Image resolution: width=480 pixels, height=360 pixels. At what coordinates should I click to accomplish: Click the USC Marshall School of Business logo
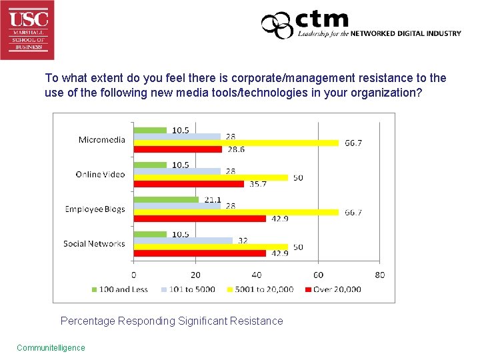(27, 29)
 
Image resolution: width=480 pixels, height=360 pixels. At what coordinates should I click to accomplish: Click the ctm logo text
(322, 19)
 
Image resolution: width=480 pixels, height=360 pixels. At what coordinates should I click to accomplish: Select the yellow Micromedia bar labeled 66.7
(236, 143)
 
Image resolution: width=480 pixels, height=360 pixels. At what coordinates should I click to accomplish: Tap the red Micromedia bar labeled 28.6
(177, 149)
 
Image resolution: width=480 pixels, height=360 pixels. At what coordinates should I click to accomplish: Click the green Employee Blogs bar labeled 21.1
(166, 199)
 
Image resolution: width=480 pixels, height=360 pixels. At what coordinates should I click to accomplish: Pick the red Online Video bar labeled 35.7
(189, 184)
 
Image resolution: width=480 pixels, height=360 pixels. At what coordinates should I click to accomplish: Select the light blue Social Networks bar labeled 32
(183, 240)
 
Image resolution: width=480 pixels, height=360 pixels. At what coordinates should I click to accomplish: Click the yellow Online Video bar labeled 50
(211, 177)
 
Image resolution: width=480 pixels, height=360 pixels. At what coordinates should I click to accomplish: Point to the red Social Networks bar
(199, 253)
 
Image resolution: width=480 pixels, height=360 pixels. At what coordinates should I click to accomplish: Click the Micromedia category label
(101, 139)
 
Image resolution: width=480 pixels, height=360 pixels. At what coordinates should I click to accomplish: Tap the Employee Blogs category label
(95, 209)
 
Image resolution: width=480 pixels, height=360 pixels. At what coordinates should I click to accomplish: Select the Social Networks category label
(94, 243)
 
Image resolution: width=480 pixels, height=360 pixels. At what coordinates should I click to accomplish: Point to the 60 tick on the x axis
(318, 275)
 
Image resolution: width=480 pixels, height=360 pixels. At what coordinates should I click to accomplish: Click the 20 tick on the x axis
(195, 275)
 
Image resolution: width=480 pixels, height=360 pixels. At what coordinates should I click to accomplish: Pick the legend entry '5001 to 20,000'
(263, 289)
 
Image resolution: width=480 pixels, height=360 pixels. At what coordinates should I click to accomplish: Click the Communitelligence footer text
(51, 347)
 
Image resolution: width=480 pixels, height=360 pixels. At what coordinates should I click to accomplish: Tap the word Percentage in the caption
(87, 321)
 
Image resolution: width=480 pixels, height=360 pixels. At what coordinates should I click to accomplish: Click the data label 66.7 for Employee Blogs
(353, 213)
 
